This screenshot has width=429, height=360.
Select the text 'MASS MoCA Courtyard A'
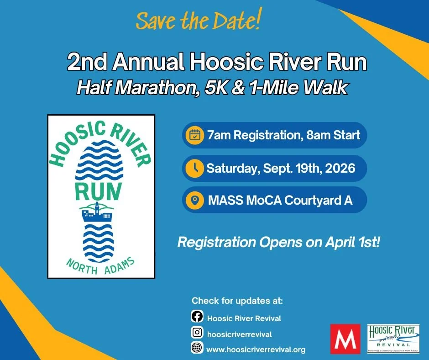click(x=280, y=200)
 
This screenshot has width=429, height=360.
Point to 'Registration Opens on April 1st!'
click(x=278, y=242)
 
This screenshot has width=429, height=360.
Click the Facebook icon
click(x=197, y=318)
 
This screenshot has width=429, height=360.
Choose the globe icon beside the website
click(x=197, y=348)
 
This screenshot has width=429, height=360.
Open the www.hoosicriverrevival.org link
click(x=256, y=349)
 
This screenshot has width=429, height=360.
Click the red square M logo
click(x=345, y=339)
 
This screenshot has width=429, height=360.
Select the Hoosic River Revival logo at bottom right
click(x=392, y=338)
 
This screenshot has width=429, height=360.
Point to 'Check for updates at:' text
click(x=237, y=301)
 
